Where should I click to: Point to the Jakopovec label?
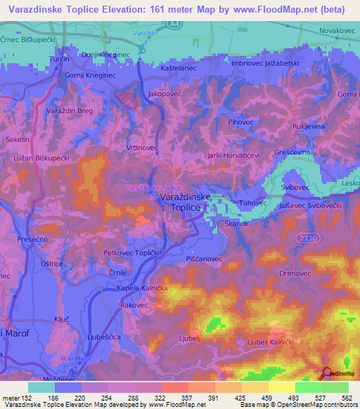[x=166, y=93]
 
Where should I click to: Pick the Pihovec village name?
[x=241, y=122]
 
